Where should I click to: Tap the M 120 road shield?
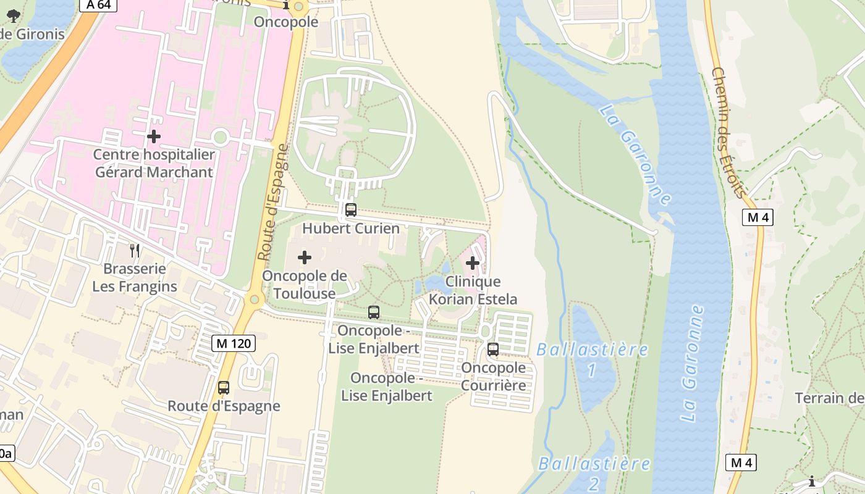[234, 343]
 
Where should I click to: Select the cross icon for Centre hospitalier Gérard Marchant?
[154, 136]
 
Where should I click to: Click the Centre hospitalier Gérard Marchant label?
[154, 163]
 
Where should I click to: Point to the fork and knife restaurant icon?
[135, 250]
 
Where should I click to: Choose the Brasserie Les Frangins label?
[135, 278]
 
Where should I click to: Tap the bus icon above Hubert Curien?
[351, 210]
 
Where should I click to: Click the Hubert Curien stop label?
[351, 228]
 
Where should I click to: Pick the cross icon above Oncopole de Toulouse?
[305, 257]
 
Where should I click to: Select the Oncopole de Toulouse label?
[305, 285]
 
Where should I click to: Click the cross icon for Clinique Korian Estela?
[473, 264]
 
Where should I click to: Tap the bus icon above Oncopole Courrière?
[493, 349]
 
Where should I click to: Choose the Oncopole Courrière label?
[494, 377]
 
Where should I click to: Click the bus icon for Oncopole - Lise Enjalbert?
[374, 312]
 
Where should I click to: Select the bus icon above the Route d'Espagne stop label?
[224, 388]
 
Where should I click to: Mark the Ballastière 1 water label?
[593, 359]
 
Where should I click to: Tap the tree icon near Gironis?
[13, 16]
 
